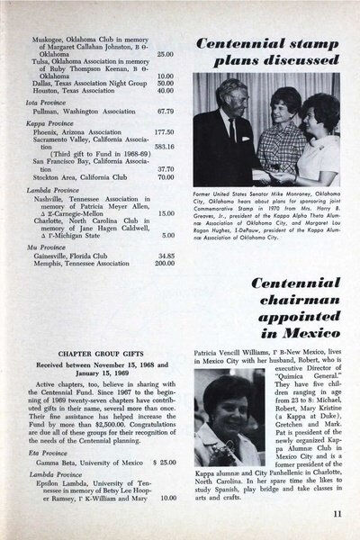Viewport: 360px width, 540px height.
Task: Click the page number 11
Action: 334,514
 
